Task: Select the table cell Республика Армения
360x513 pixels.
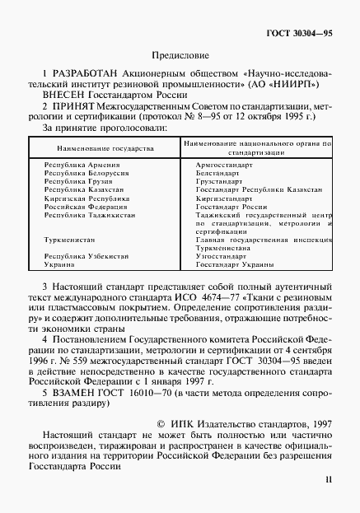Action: (x=78, y=166)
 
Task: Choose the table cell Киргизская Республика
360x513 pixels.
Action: (x=82, y=198)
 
